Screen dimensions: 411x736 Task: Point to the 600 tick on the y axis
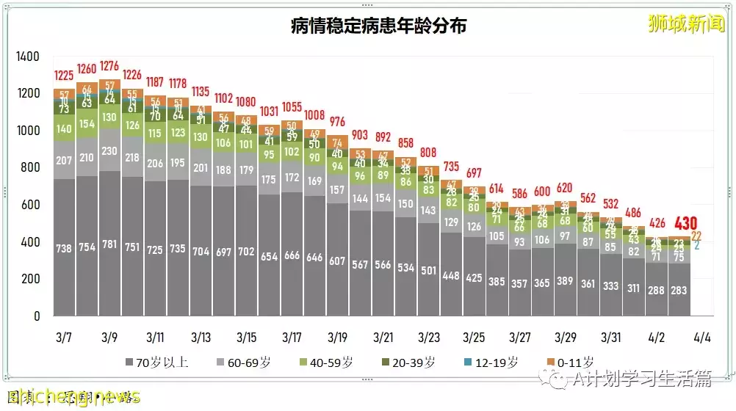(30, 205)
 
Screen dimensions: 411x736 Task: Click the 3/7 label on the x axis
(64, 338)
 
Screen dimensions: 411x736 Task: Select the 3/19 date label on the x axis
(337, 338)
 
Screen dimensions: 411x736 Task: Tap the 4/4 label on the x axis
(702, 338)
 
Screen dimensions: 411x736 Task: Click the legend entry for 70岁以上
(158, 362)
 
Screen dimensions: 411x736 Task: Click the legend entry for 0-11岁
(571, 362)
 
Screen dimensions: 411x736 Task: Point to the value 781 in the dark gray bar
(109, 247)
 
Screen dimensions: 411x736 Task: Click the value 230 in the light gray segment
(109, 150)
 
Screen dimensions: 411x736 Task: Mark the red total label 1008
(314, 115)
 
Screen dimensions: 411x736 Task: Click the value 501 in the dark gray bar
(428, 271)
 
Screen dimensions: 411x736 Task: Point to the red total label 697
(474, 173)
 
